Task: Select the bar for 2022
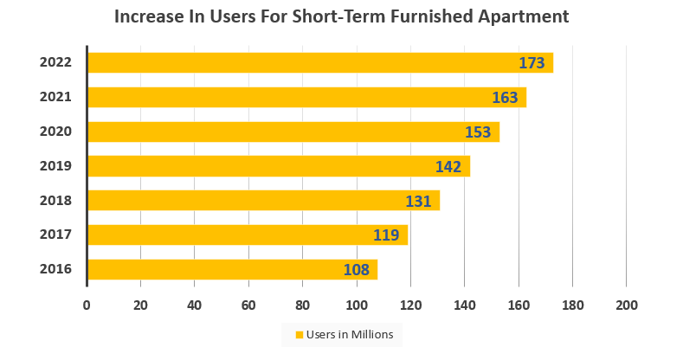(x=319, y=63)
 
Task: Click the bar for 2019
(x=278, y=166)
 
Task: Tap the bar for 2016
(x=232, y=269)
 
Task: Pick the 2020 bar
(x=293, y=132)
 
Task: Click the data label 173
(x=532, y=63)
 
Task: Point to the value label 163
(x=505, y=98)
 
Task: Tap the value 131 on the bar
(x=419, y=201)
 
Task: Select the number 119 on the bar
(x=386, y=235)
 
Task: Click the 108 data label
(x=357, y=270)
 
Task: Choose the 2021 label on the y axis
(x=55, y=97)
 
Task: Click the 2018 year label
(x=55, y=200)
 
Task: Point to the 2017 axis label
(x=55, y=235)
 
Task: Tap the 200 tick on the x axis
(x=626, y=305)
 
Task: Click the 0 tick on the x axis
(x=87, y=305)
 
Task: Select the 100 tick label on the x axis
(x=357, y=305)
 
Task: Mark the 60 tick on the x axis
(x=248, y=305)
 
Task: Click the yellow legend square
(x=300, y=335)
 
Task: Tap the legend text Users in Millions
(x=349, y=335)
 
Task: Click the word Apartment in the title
(x=526, y=16)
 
